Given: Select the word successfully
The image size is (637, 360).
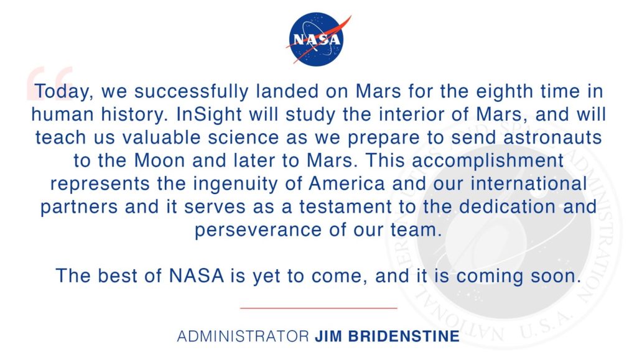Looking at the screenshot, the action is [191, 92].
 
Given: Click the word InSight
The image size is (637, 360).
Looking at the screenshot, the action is [209, 115].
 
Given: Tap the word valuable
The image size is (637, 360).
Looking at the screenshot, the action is [161, 138].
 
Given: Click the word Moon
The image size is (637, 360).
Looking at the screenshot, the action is [160, 161].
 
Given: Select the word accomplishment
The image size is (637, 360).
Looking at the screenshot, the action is [488, 161].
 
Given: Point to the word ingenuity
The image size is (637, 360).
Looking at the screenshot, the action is [235, 184].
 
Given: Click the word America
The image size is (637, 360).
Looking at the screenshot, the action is [346, 184].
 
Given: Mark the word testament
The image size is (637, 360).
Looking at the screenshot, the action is [345, 208].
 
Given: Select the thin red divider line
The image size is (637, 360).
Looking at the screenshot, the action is [318, 308].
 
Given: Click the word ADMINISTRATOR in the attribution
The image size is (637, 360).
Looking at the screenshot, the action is [243, 336].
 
